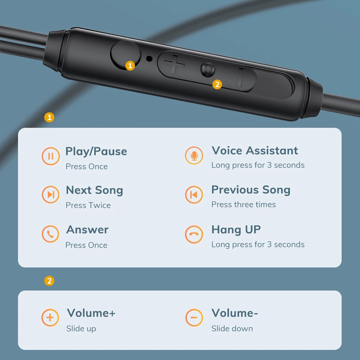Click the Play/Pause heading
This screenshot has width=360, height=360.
96,152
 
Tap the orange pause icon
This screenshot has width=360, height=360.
50,156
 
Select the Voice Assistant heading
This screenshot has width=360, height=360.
255,150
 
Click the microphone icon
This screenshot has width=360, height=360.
194,156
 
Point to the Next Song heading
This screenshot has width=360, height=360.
94,190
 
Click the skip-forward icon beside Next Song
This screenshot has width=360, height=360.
50,195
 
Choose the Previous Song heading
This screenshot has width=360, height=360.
251,190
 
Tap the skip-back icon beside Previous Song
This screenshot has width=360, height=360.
194,195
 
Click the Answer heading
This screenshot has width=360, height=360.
87,230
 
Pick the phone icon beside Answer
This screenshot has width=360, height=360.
50,234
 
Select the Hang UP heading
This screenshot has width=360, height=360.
236,229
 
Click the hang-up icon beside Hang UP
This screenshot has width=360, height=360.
194,234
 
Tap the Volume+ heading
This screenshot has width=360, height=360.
91,313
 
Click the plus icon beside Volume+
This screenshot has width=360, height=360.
50,318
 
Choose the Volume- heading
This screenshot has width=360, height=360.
235,313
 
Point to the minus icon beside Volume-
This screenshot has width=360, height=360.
194,318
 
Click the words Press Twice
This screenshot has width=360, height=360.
88,205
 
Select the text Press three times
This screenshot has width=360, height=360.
244,204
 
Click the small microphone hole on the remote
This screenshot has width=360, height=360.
149,58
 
